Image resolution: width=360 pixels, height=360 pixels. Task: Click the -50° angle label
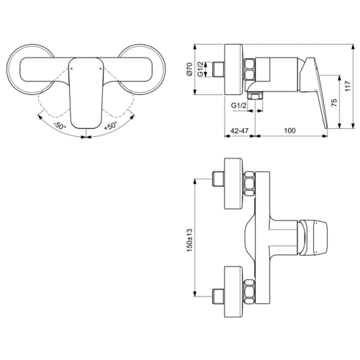point(60,124)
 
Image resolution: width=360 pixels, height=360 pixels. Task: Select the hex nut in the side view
point(250,72)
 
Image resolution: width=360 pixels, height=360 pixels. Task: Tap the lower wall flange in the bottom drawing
point(234,289)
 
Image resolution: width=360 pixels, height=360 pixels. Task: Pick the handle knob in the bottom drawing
point(315,236)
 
